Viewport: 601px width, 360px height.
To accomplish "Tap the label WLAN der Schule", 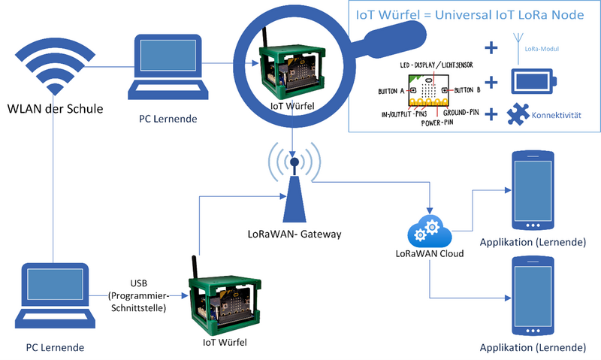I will [x=54, y=109].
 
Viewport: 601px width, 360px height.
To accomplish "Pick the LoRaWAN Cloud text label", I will [x=428, y=253].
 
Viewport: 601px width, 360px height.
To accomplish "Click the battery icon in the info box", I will [x=533, y=81].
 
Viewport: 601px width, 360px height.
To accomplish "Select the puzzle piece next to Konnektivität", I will [x=522, y=115].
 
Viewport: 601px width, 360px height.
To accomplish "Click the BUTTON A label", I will [x=391, y=91].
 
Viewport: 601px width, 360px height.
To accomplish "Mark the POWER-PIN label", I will [x=437, y=123].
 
